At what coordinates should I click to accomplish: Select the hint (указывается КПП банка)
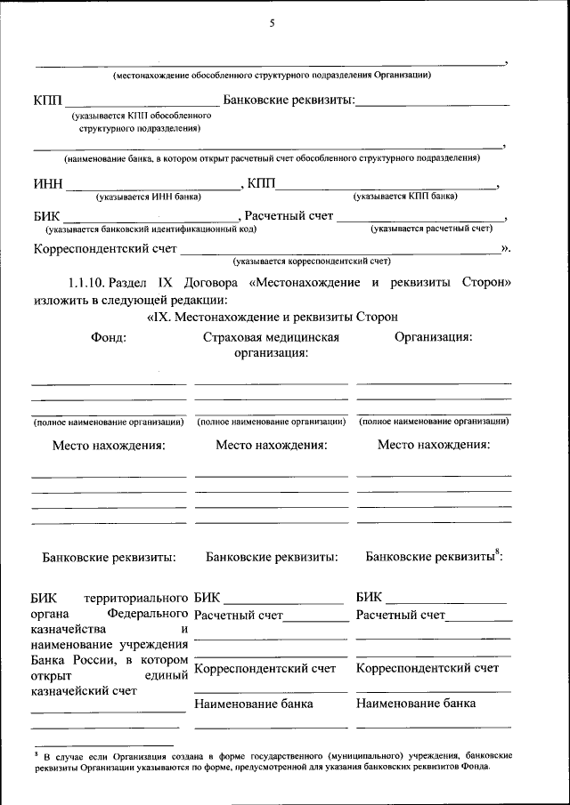(405, 196)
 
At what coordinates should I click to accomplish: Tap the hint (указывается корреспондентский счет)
(312, 262)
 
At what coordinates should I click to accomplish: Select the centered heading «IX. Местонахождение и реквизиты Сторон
(271, 316)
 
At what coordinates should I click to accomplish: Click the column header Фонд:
(108, 337)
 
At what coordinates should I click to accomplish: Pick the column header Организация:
(433, 337)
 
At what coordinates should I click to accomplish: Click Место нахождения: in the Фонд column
(109, 446)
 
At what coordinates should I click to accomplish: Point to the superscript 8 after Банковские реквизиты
(497, 552)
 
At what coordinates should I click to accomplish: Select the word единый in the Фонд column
(166, 675)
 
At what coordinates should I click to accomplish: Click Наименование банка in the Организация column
(415, 703)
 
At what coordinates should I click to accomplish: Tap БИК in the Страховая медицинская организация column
(205, 597)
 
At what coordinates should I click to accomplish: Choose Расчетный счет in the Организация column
(399, 615)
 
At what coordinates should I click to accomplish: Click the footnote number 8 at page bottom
(37, 752)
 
